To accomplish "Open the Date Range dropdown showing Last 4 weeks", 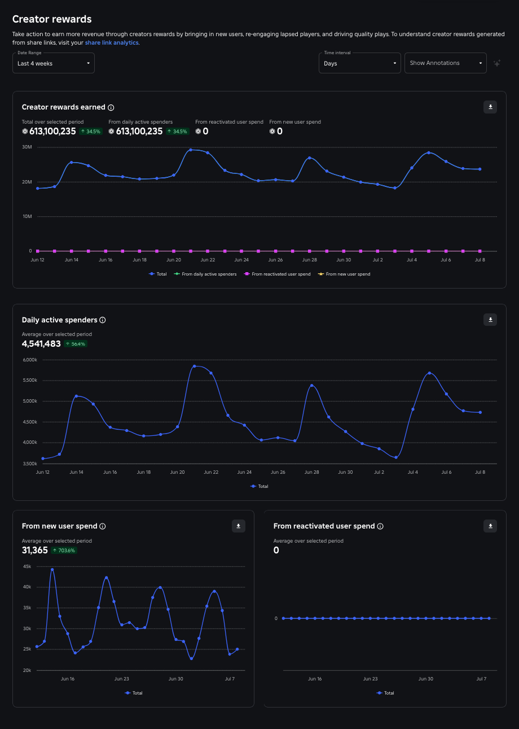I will click(54, 63).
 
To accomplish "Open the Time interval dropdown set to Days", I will click(360, 63).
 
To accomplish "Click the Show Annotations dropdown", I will click(445, 63).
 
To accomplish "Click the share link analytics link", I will click(112, 42).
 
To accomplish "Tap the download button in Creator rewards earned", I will click(490, 107).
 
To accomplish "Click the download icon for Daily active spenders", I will click(490, 320).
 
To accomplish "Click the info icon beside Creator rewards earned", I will click(111, 107).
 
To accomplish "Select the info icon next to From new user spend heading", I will click(103, 526).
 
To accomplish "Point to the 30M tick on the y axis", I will click(27, 147).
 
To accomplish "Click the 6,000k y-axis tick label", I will click(29, 360).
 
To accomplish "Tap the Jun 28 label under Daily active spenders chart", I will click(311, 472).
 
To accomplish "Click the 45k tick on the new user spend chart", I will click(27, 566).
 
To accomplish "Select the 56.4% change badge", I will click(76, 343).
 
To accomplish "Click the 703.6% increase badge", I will click(64, 550).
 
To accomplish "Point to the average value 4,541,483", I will click(41, 343).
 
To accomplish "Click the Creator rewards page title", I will click(52, 19).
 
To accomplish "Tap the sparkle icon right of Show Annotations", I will click(497, 63).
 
